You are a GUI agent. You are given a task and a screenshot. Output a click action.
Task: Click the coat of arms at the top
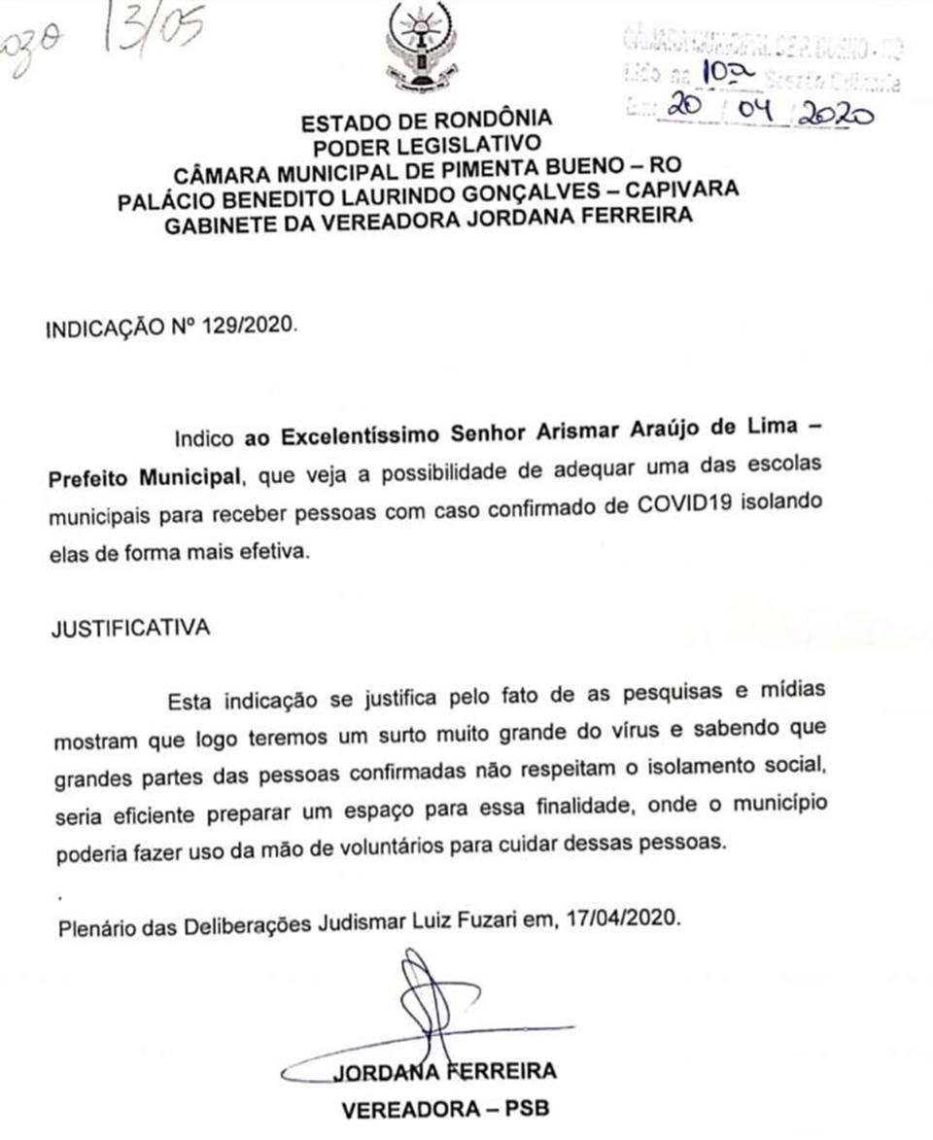click(x=421, y=48)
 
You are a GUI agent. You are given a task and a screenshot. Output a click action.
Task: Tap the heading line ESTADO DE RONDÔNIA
click(x=426, y=122)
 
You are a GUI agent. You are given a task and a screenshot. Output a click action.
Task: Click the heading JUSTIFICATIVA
click(x=130, y=627)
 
